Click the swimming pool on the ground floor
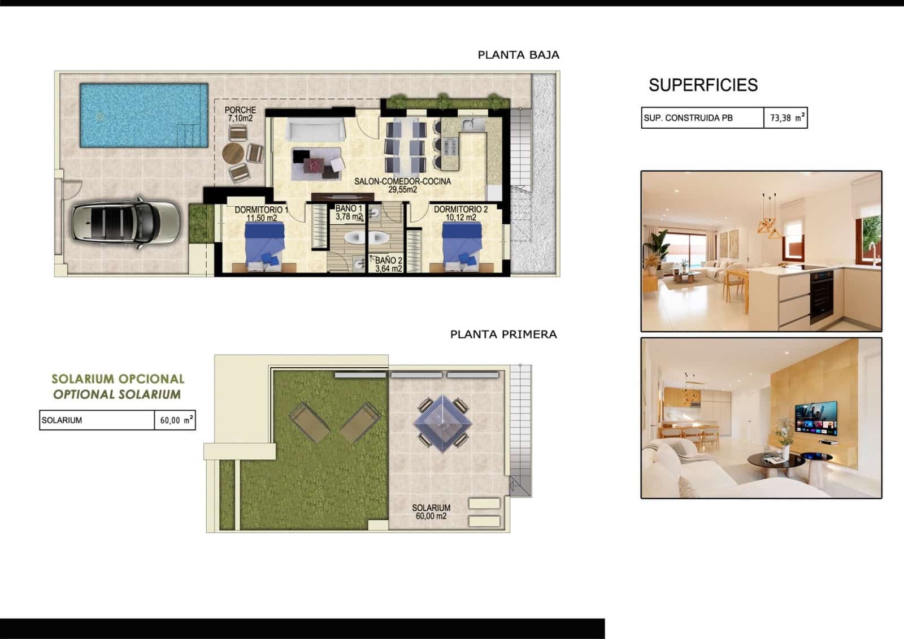(144, 115)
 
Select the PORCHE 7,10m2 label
(240, 114)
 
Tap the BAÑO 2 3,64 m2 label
(389, 264)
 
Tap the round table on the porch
(233, 153)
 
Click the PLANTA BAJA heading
(518, 55)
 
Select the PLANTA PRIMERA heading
(503, 334)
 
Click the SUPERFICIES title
(703, 85)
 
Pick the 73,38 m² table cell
(785, 118)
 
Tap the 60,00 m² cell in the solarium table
(175, 420)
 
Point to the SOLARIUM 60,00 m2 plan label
(431, 512)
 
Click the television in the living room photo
(816, 419)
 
